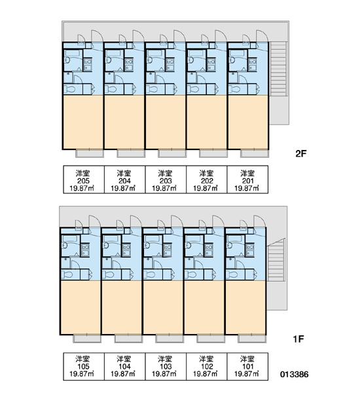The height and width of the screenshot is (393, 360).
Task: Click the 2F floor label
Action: coord(301,153)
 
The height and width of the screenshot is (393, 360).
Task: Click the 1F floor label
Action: coord(298,339)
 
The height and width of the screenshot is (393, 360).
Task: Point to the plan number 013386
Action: coord(295,375)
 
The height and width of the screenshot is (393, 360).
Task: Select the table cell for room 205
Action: coord(84,179)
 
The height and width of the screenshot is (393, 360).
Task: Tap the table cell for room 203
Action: coord(166,179)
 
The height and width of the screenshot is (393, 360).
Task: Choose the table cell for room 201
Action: coord(247,179)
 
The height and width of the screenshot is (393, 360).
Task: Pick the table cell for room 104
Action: coord(124,366)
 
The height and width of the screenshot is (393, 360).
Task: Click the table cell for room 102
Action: coord(207,366)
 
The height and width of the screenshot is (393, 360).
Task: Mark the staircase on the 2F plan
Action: coord(278,69)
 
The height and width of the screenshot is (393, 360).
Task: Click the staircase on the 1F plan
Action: coord(276,260)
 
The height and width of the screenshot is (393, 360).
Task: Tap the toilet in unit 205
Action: coord(71,89)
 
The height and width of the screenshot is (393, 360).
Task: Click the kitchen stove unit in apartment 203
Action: coord(170,64)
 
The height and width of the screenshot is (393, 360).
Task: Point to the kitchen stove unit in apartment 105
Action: coord(85,250)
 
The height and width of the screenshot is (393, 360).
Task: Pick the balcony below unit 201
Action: coord(255,153)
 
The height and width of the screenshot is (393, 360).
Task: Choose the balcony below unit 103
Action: coord(170,339)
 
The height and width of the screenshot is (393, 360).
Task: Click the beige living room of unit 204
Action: coord(124,122)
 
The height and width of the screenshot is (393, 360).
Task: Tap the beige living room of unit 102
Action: coord(204,307)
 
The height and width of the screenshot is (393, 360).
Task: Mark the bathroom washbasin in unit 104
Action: coord(106,246)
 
